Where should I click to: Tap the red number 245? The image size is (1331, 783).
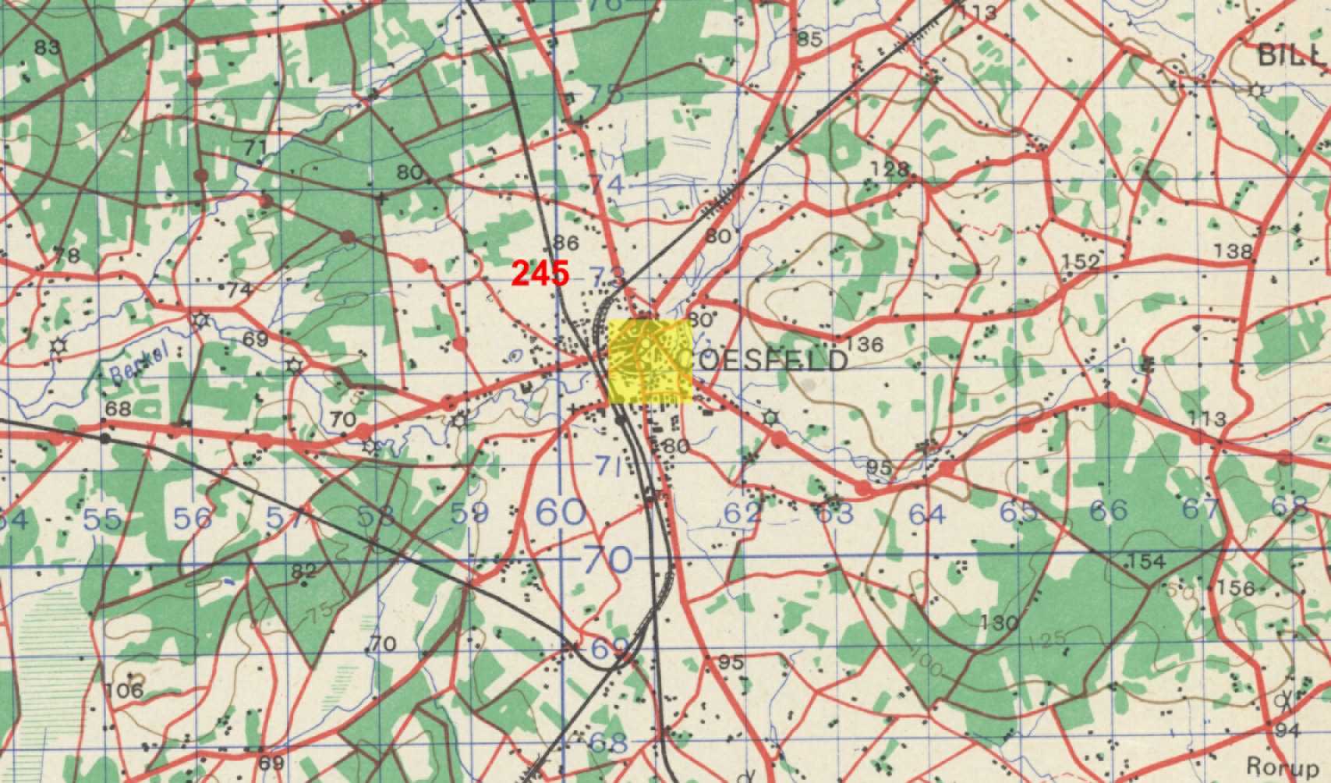(x=540, y=273)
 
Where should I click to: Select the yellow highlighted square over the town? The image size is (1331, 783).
(x=650, y=360)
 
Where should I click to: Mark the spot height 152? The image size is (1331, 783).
(x=1081, y=262)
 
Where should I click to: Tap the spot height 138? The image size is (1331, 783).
(x=1234, y=251)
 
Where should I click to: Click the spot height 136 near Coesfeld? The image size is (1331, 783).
(x=864, y=344)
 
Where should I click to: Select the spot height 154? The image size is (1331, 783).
(x=1146, y=561)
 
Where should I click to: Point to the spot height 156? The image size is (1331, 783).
(x=1237, y=587)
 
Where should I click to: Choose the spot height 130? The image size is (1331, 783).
(x=1000, y=622)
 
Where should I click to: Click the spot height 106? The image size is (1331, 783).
(x=126, y=689)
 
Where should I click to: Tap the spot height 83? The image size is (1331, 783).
(x=47, y=47)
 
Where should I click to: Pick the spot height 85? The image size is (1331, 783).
(x=809, y=39)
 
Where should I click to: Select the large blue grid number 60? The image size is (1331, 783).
(x=561, y=513)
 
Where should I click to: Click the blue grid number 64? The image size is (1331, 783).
(x=926, y=515)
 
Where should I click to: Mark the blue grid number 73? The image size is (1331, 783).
(x=609, y=277)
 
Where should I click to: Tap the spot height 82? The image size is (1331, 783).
(x=304, y=571)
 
